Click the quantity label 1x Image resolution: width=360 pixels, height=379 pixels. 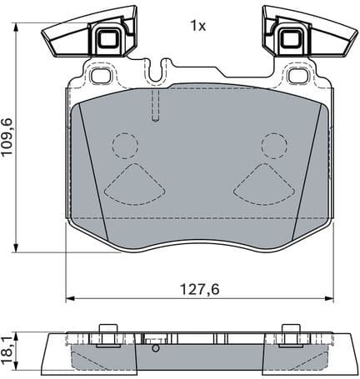(x=197, y=25)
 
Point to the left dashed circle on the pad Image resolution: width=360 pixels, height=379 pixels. (x=125, y=147)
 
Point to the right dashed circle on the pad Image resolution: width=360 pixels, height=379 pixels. (x=274, y=147)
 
